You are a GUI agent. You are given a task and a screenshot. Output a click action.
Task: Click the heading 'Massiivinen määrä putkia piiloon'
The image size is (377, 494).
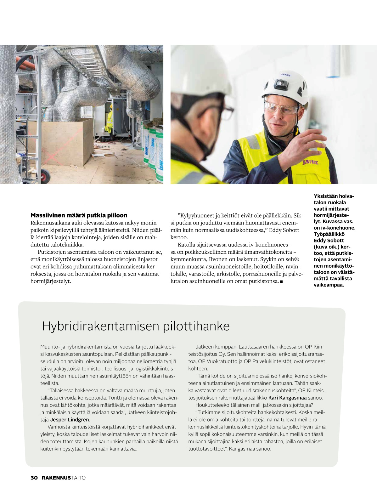pos(79,215)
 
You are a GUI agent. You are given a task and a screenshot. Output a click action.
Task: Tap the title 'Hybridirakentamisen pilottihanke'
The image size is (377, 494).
pos(136,326)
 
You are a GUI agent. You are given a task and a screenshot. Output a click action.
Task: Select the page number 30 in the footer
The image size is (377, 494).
pos(34,478)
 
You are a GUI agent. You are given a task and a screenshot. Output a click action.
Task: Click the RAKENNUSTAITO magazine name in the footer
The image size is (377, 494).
pos(64,478)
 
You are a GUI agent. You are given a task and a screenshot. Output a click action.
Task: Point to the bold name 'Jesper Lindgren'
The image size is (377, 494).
pos(70,420)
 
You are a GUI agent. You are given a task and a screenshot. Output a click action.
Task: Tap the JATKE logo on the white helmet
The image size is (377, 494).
pos(285,75)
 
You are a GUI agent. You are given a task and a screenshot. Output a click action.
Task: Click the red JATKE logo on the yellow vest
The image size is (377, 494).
pos(310,162)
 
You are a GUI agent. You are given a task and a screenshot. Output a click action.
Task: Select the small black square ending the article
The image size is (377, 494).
pos(281,281)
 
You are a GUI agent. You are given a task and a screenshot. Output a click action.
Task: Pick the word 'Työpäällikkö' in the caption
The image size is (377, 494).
pos(329,234)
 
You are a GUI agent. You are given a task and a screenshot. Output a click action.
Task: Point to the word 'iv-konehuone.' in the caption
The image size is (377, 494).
pos(340,228)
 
